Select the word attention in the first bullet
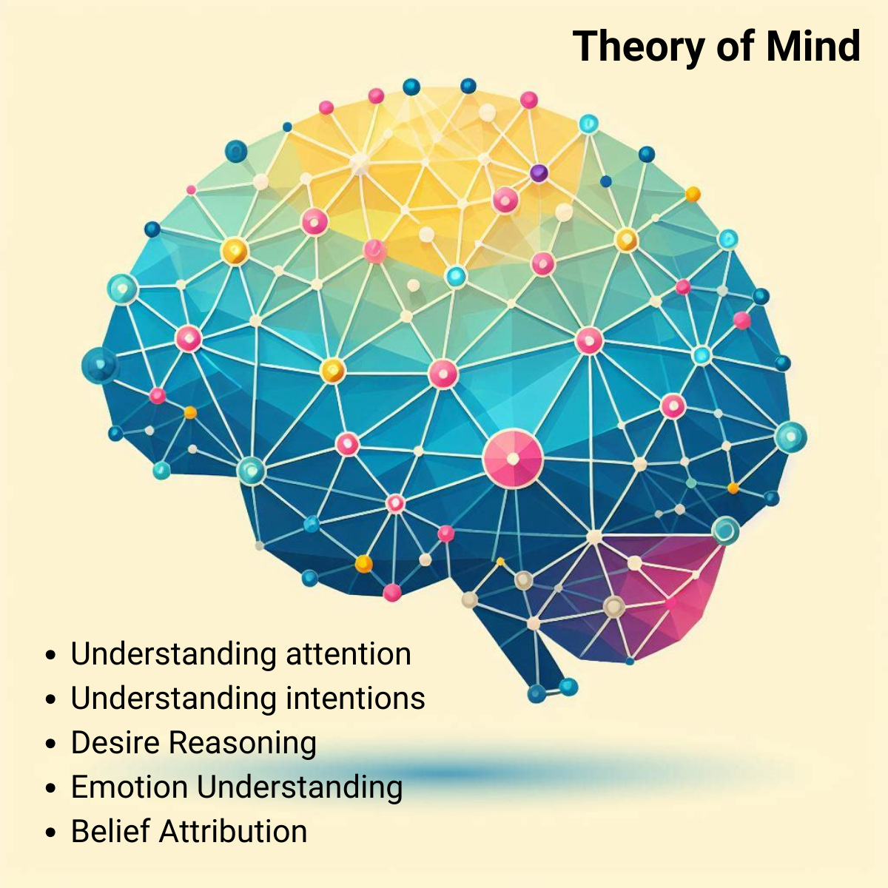click(348, 654)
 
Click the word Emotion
click(129, 787)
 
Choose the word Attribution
click(233, 832)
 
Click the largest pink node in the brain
click(513, 459)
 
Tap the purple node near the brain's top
click(539, 173)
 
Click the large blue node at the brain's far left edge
click(98, 365)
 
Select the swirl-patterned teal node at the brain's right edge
click(726, 530)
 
